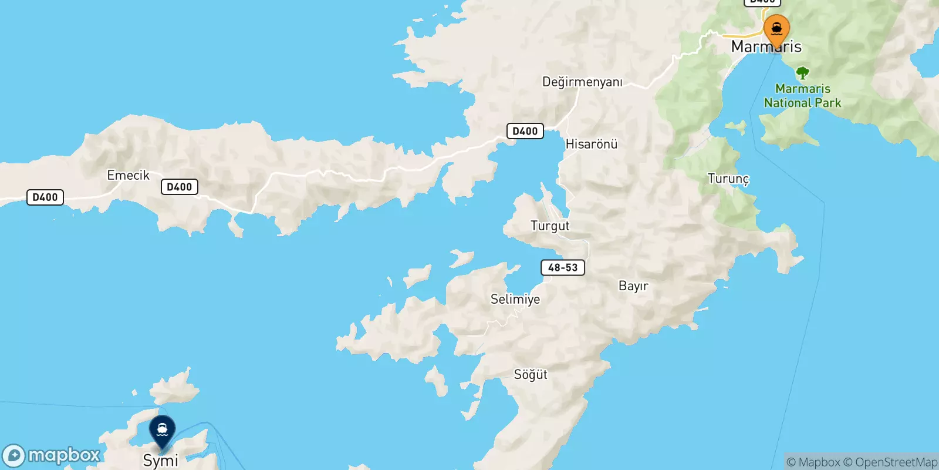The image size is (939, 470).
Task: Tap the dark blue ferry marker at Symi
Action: (162, 431)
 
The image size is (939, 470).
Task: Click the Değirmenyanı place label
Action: (582, 82)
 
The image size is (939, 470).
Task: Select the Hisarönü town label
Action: (591, 144)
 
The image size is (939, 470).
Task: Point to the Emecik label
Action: (128, 175)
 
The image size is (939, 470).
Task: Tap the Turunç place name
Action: (728, 179)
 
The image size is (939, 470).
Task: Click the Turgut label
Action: (550, 226)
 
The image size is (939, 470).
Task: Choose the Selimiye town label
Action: (515, 299)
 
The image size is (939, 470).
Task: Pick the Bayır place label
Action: (633, 286)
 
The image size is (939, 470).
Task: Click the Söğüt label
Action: (531, 374)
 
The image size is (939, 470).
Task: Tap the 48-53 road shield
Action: (563, 268)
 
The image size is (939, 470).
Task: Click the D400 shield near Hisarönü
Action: (525, 131)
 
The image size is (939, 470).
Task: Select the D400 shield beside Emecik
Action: (179, 187)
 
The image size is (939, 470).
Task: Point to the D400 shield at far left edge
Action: (45, 197)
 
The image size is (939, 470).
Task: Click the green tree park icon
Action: (802, 73)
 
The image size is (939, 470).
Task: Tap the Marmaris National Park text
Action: (802, 96)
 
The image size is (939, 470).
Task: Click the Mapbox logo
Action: (52, 455)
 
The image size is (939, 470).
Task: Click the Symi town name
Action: (160, 460)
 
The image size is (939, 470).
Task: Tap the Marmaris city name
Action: (766, 47)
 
